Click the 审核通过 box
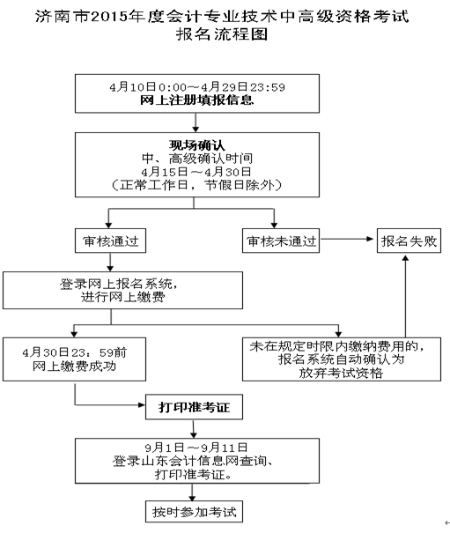pyautogui.click(x=110, y=241)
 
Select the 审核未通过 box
pyautogui.click(x=281, y=241)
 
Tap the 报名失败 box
pyautogui.click(x=409, y=241)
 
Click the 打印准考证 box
pyautogui.click(x=194, y=407)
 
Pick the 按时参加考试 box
pyautogui.click(x=194, y=511)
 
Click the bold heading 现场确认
pyautogui.click(x=197, y=145)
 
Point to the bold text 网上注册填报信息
pyautogui.click(x=197, y=100)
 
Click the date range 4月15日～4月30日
pyautogui.click(x=196, y=172)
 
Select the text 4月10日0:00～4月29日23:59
pyautogui.click(x=197, y=87)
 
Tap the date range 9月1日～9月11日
pyautogui.click(x=196, y=448)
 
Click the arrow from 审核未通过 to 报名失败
pyautogui.click(x=346, y=239)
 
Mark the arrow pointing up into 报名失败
pyautogui.click(x=405, y=296)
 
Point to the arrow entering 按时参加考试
pyautogui.click(x=192, y=492)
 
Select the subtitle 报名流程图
pyautogui.click(x=222, y=34)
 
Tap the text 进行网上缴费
pyautogui.click(x=123, y=297)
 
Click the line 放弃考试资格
pyautogui.click(x=341, y=373)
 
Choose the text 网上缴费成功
pyautogui.click(x=75, y=366)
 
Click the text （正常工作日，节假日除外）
pyautogui.click(x=196, y=185)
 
